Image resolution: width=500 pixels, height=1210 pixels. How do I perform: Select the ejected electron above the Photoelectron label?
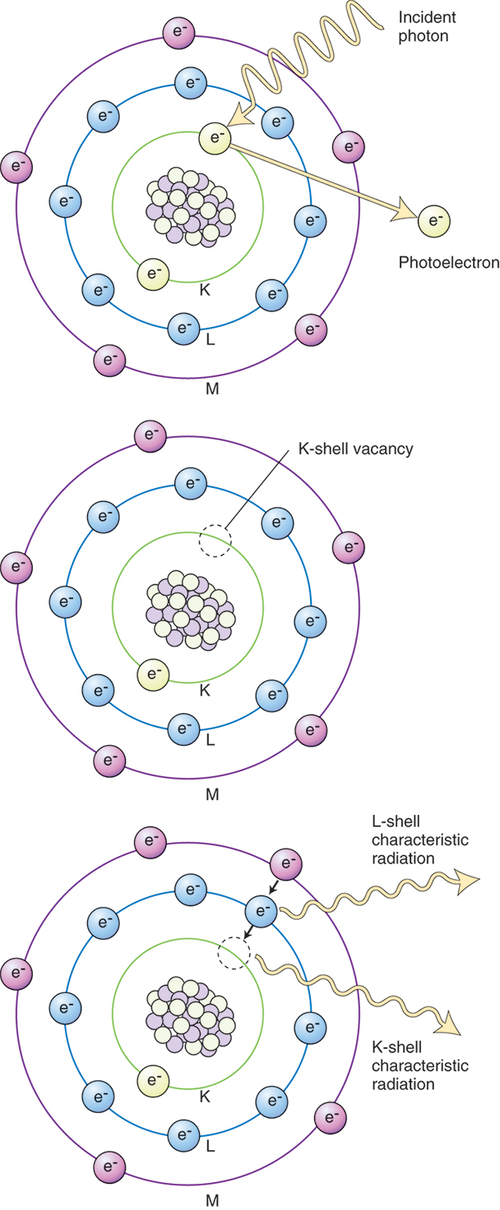coord(434,220)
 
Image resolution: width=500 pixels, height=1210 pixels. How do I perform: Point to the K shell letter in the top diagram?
coord(205,289)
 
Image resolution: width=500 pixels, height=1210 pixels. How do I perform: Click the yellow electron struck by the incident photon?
coord(215,139)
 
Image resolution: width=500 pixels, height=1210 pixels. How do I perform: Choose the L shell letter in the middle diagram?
coord(211,738)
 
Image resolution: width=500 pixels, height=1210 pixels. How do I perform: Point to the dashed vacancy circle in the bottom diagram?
coord(233,954)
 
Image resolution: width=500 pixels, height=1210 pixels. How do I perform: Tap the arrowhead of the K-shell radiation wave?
coord(451,1023)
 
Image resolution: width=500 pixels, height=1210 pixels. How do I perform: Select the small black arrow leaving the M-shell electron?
coord(274,888)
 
